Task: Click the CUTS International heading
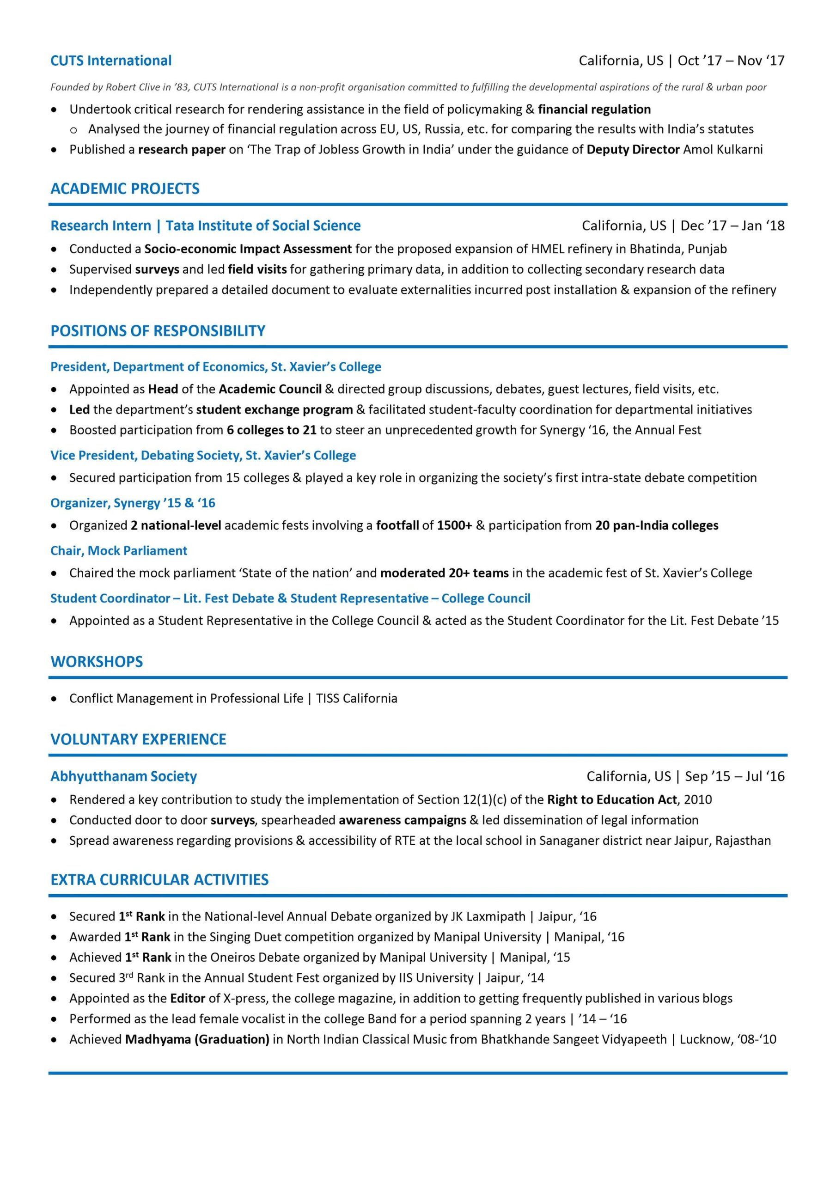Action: (111, 61)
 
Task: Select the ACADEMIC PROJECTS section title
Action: (125, 189)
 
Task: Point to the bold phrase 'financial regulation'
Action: (594, 109)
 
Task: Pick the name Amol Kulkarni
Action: (723, 149)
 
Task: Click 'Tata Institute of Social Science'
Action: (263, 226)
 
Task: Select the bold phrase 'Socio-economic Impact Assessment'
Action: (248, 249)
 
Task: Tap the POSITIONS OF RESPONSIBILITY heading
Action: (158, 331)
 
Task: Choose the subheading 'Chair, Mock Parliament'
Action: (119, 550)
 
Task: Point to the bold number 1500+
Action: (454, 525)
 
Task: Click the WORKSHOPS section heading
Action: (97, 662)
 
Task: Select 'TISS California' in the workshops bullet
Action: (357, 698)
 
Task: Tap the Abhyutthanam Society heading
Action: (124, 776)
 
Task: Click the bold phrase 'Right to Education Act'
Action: (612, 799)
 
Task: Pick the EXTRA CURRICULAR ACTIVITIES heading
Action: (159, 879)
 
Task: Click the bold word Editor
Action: (188, 998)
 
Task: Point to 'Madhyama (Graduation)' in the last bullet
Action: (197, 1039)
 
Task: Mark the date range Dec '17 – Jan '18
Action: (732, 226)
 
